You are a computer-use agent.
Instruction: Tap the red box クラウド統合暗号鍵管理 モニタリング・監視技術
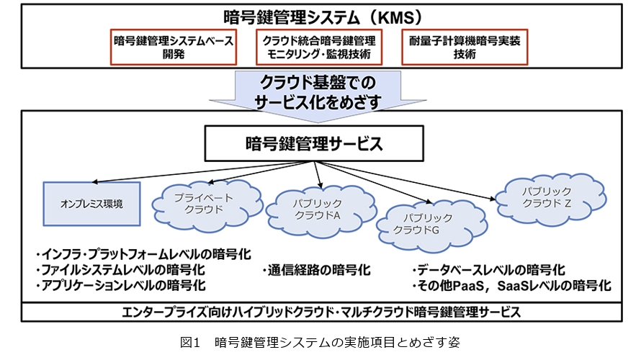(x=319, y=48)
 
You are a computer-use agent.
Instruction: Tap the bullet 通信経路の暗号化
(x=317, y=271)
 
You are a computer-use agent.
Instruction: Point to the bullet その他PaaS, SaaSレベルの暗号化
(x=512, y=286)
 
